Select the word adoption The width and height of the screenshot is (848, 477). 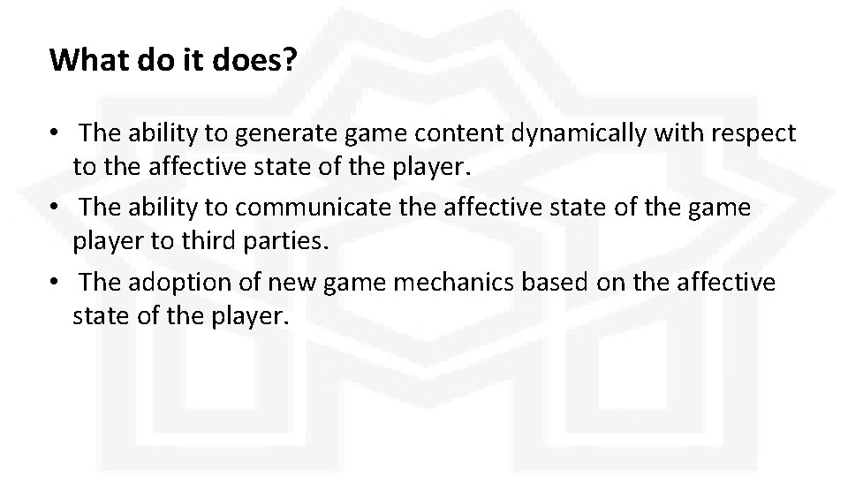[169, 283]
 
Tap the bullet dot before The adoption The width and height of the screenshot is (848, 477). [55, 284]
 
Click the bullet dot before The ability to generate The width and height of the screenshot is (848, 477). [55, 134]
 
